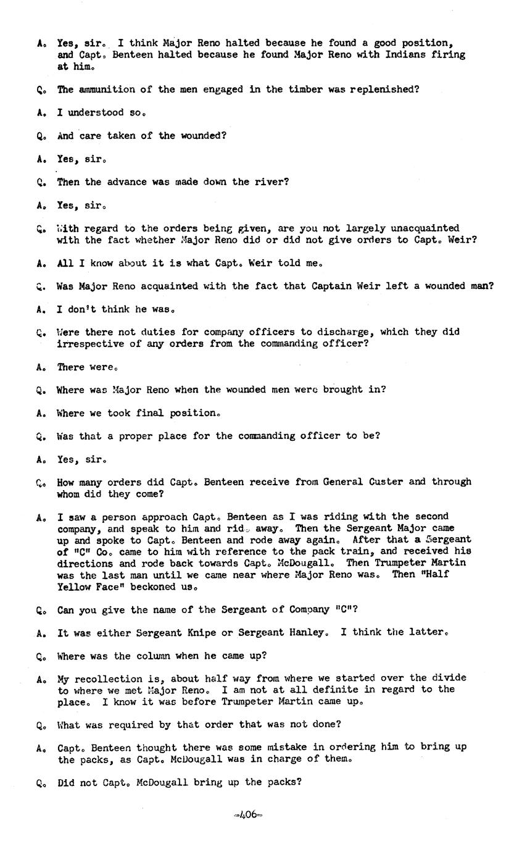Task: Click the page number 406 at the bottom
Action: tap(248, 814)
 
